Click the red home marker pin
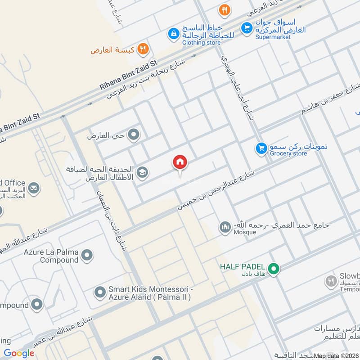180,163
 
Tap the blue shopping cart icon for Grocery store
261,148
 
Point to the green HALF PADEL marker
274,269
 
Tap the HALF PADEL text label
242,267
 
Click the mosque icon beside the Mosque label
225,228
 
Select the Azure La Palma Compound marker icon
88,255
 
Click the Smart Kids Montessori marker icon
100,293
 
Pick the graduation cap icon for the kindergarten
142,172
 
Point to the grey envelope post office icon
32,188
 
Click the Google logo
19,353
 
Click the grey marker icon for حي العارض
133,134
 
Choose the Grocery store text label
288,154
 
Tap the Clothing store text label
202,42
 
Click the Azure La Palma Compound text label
53,256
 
